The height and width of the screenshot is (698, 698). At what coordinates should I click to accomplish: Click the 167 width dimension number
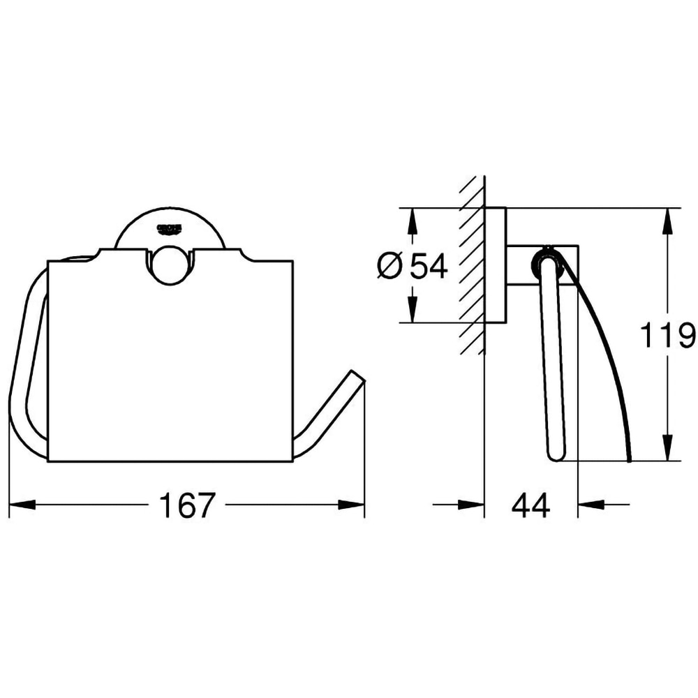186,505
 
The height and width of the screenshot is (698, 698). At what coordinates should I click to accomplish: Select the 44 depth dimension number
530,505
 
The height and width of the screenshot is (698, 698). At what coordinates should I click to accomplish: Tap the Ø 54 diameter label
412,266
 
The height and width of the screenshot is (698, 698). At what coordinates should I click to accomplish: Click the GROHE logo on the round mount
170,228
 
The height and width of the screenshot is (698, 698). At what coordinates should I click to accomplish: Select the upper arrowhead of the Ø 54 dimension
413,221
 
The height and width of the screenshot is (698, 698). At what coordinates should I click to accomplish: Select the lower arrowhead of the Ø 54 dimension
413,309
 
